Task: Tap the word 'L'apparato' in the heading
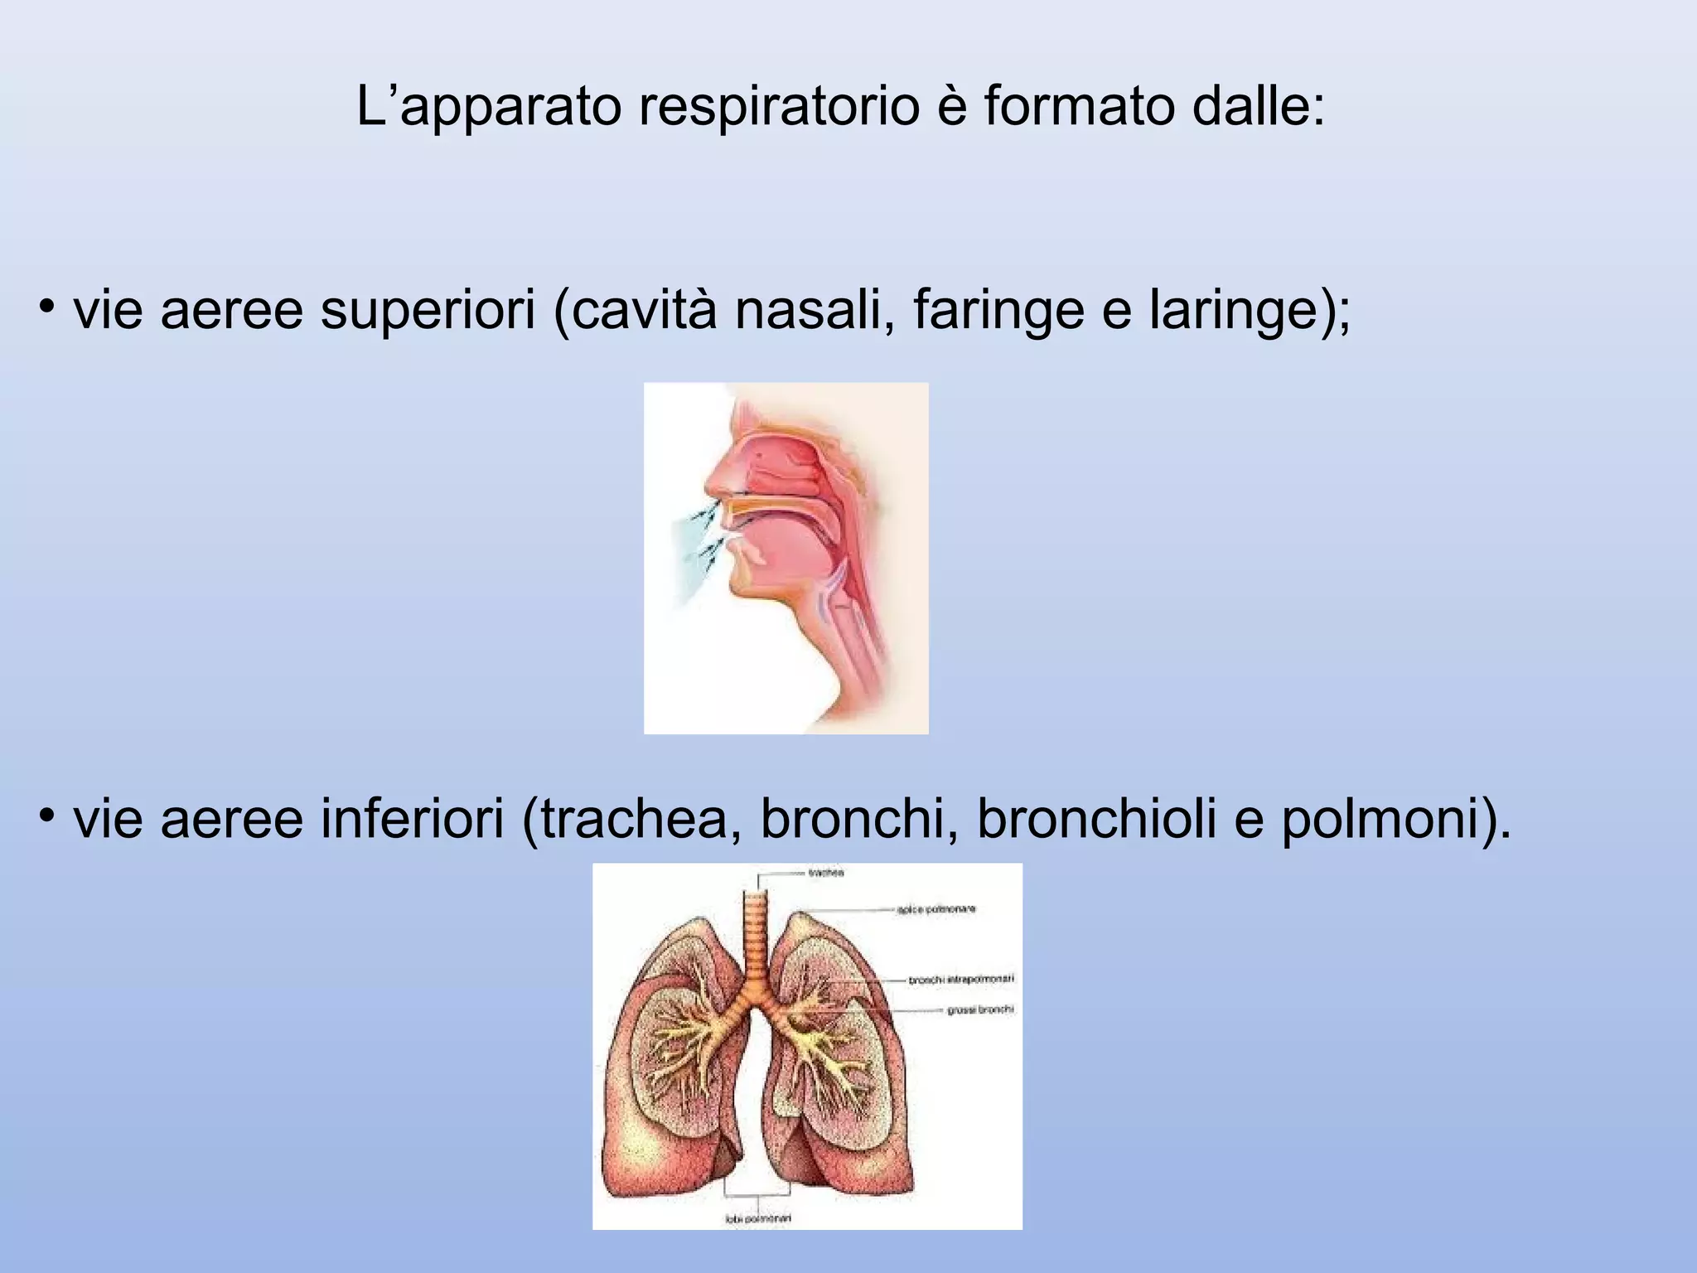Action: [489, 108]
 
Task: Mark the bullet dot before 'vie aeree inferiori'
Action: [46, 816]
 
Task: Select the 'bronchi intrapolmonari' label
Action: [961, 980]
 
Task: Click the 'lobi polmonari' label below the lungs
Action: [758, 1218]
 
